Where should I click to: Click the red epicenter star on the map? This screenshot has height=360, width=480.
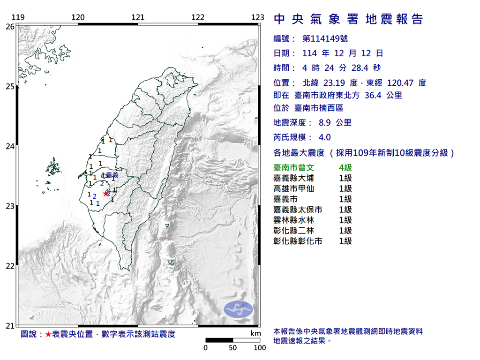(x=105, y=193)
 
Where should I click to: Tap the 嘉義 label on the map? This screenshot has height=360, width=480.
(x=112, y=175)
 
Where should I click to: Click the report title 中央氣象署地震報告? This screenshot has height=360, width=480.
(x=348, y=19)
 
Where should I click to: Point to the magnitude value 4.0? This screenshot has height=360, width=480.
(x=324, y=137)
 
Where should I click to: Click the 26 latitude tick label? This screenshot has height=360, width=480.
(x=9, y=27)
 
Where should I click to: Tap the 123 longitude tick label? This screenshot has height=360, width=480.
(x=258, y=18)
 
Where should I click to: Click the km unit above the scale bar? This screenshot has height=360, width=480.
(x=255, y=333)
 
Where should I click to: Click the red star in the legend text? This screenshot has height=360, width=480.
(x=48, y=334)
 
